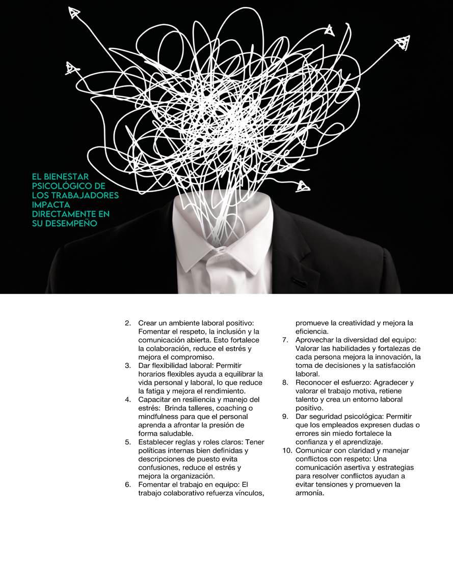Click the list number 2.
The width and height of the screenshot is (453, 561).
point(127,323)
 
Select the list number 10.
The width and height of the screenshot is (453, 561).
point(287,450)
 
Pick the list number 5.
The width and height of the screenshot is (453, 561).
point(127,442)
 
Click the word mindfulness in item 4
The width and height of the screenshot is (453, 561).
point(158,416)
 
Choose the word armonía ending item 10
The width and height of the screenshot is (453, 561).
point(309,493)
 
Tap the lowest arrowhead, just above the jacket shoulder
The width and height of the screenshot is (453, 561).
point(303,186)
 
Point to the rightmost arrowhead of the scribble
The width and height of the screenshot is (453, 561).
point(404,42)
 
